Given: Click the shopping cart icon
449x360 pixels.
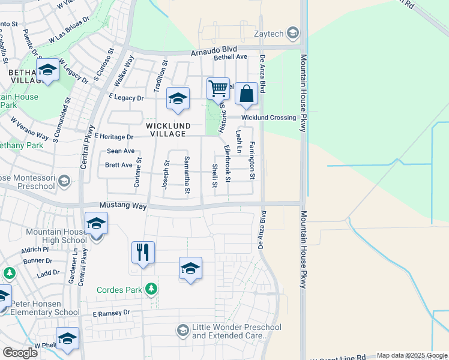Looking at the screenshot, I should [218, 89].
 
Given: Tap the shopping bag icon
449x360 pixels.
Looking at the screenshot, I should [246, 93].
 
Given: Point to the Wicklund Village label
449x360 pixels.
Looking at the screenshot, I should [168, 130].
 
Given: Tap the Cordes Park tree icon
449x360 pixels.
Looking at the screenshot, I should [152, 289].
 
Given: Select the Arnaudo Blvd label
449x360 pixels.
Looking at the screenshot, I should [214, 52].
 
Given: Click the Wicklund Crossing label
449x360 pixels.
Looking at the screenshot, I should [269, 118].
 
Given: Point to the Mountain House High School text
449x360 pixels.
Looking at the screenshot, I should [58, 236].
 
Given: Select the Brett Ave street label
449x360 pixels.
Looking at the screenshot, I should [118, 165].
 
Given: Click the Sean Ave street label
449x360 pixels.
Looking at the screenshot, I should [121, 151].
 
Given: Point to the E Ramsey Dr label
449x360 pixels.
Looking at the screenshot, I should [111, 313].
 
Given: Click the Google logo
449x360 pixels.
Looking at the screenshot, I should [20, 352].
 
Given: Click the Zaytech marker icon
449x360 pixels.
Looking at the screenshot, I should [293, 32].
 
